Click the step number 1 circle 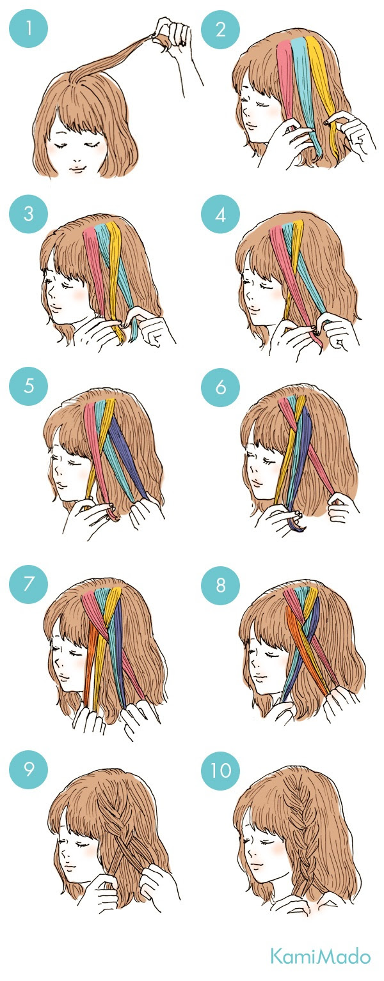[x=29, y=29]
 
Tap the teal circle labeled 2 [x=221, y=29]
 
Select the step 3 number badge [x=29, y=214]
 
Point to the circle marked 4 [x=221, y=214]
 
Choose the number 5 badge [x=29, y=386]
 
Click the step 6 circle [x=221, y=386]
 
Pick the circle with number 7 [x=29, y=583]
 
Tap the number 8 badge [x=221, y=583]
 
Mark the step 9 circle [x=29, y=769]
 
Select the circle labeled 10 [x=221, y=769]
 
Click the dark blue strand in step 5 [x=127, y=456]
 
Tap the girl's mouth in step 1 [x=78, y=169]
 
